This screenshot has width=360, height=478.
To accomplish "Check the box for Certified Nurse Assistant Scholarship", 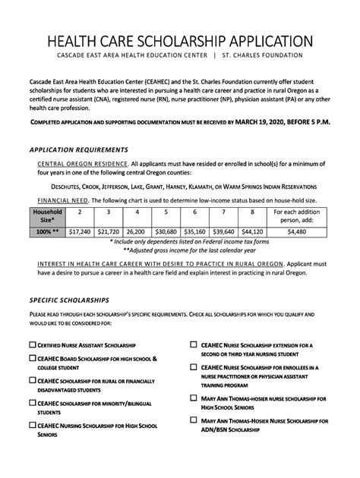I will pos(33,345).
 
